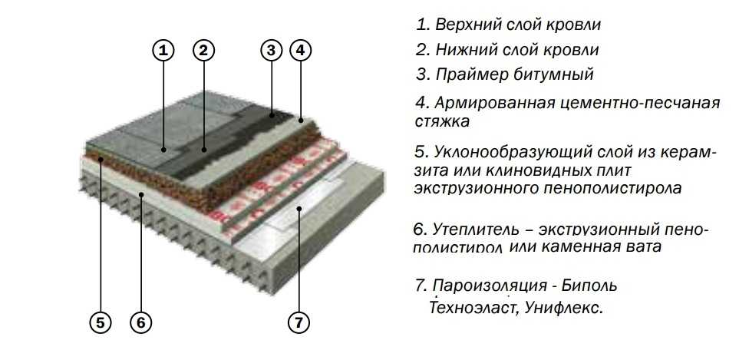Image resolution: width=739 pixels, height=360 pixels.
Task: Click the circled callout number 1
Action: (x=163, y=51)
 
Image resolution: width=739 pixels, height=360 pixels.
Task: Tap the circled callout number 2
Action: (x=203, y=51)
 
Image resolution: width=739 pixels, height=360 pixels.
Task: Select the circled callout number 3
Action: (x=271, y=51)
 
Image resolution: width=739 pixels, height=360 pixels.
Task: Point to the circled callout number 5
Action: (x=101, y=323)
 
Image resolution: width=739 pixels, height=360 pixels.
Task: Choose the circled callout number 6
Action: (x=139, y=323)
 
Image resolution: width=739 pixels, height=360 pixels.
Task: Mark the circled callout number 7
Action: (x=299, y=323)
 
